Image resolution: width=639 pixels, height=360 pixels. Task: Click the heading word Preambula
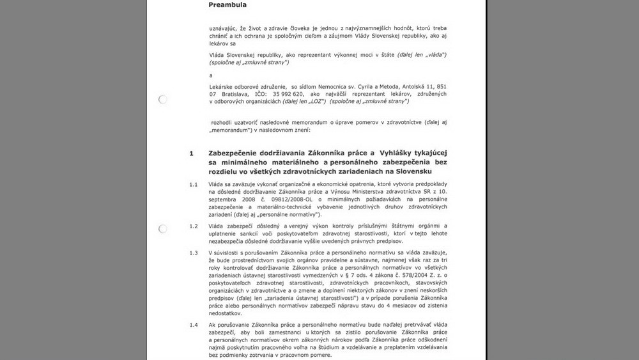tap(228, 4)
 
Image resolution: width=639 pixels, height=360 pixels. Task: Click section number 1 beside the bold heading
tap(191, 154)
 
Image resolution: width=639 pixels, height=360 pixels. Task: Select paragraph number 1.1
tap(193, 185)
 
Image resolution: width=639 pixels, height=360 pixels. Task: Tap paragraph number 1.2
tap(193, 226)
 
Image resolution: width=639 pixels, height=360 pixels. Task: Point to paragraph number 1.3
tap(193, 253)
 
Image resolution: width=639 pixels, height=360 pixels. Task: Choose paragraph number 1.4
tap(193, 325)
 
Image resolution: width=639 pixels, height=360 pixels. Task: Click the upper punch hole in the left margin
tap(162, 99)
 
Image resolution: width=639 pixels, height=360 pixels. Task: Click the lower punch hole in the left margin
tap(162, 228)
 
